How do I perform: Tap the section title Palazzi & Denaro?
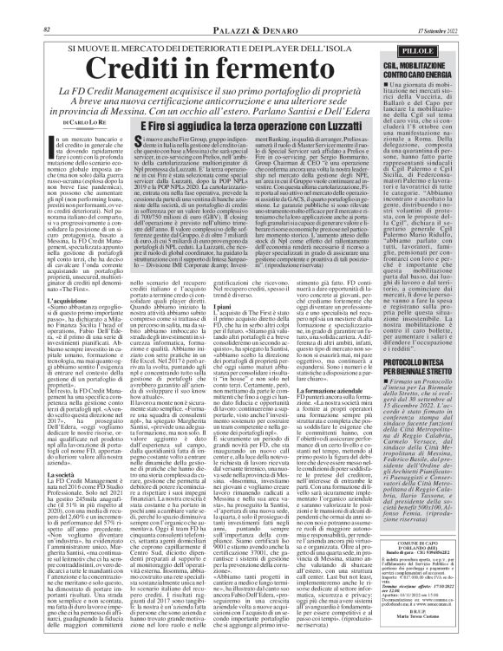pos(251,8)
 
